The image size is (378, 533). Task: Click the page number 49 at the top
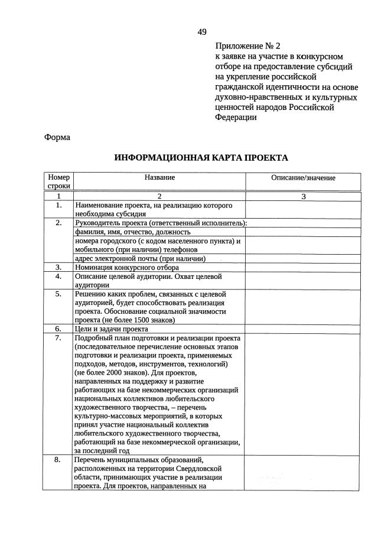(x=202, y=31)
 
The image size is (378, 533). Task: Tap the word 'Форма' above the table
(x=57, y=137)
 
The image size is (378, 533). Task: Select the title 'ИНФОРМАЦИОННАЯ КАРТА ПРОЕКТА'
(x=201, y=158)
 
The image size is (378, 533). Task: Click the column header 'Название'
(x=159, y=177)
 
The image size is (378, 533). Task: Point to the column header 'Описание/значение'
(x=303, y=178)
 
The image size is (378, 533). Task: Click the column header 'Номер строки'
(x=58, y=181)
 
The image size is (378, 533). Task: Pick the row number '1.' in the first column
(x=58, y=205)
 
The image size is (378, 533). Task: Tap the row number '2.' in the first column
(x=58, y=223)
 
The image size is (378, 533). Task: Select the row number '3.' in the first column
(x=58, y=267)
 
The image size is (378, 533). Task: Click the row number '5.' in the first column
(x=58, y=294)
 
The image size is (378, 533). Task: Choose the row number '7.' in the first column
(x=58, y=337)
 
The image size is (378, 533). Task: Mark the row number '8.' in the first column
(x=58, y=459)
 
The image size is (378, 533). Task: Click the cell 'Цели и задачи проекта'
(x=111, y=329)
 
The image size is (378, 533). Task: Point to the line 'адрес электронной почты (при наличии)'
(x=139, y=258)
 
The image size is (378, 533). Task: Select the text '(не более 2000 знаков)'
(x=113, y=373)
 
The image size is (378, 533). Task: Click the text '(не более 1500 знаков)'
(x=125, y=320)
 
